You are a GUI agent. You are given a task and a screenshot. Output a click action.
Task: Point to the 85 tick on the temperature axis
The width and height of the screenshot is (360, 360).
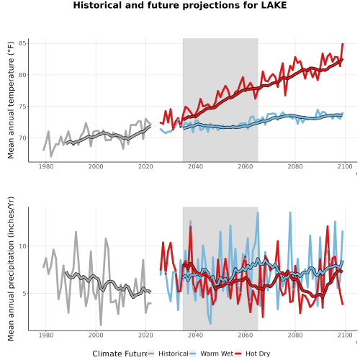(x=24, y=43)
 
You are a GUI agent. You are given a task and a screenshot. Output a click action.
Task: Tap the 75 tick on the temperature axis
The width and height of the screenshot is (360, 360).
(x=24, y=107)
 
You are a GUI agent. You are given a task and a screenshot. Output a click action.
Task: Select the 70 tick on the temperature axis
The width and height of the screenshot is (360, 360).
(x=24, y=138)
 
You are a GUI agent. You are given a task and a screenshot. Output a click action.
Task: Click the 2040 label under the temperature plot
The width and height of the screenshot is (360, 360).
(x=195, y=166)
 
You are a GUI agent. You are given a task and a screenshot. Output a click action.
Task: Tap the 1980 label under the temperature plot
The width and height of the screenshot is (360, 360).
(x=46, y=166)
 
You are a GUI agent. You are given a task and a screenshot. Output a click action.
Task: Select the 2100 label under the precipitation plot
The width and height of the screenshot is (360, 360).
(x=345, y=335)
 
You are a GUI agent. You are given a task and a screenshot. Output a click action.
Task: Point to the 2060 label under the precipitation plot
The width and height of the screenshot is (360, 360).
(x=246, y=335)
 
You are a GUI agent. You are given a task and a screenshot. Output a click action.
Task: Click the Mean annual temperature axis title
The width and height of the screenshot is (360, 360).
(x=11, y=100)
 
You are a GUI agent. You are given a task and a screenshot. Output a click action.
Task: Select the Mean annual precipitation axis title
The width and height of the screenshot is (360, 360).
(x=11, y=269)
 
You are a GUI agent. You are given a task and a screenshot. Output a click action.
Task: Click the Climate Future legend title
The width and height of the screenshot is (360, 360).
(x=120, y=354)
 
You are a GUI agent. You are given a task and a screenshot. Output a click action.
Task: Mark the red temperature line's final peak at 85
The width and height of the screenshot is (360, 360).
(x=343, y=44)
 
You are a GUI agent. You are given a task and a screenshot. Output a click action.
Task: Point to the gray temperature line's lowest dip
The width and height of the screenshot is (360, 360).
(x=51, y=156)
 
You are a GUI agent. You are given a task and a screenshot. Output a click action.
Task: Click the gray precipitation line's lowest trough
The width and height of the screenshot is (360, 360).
(x=101, y=325)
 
